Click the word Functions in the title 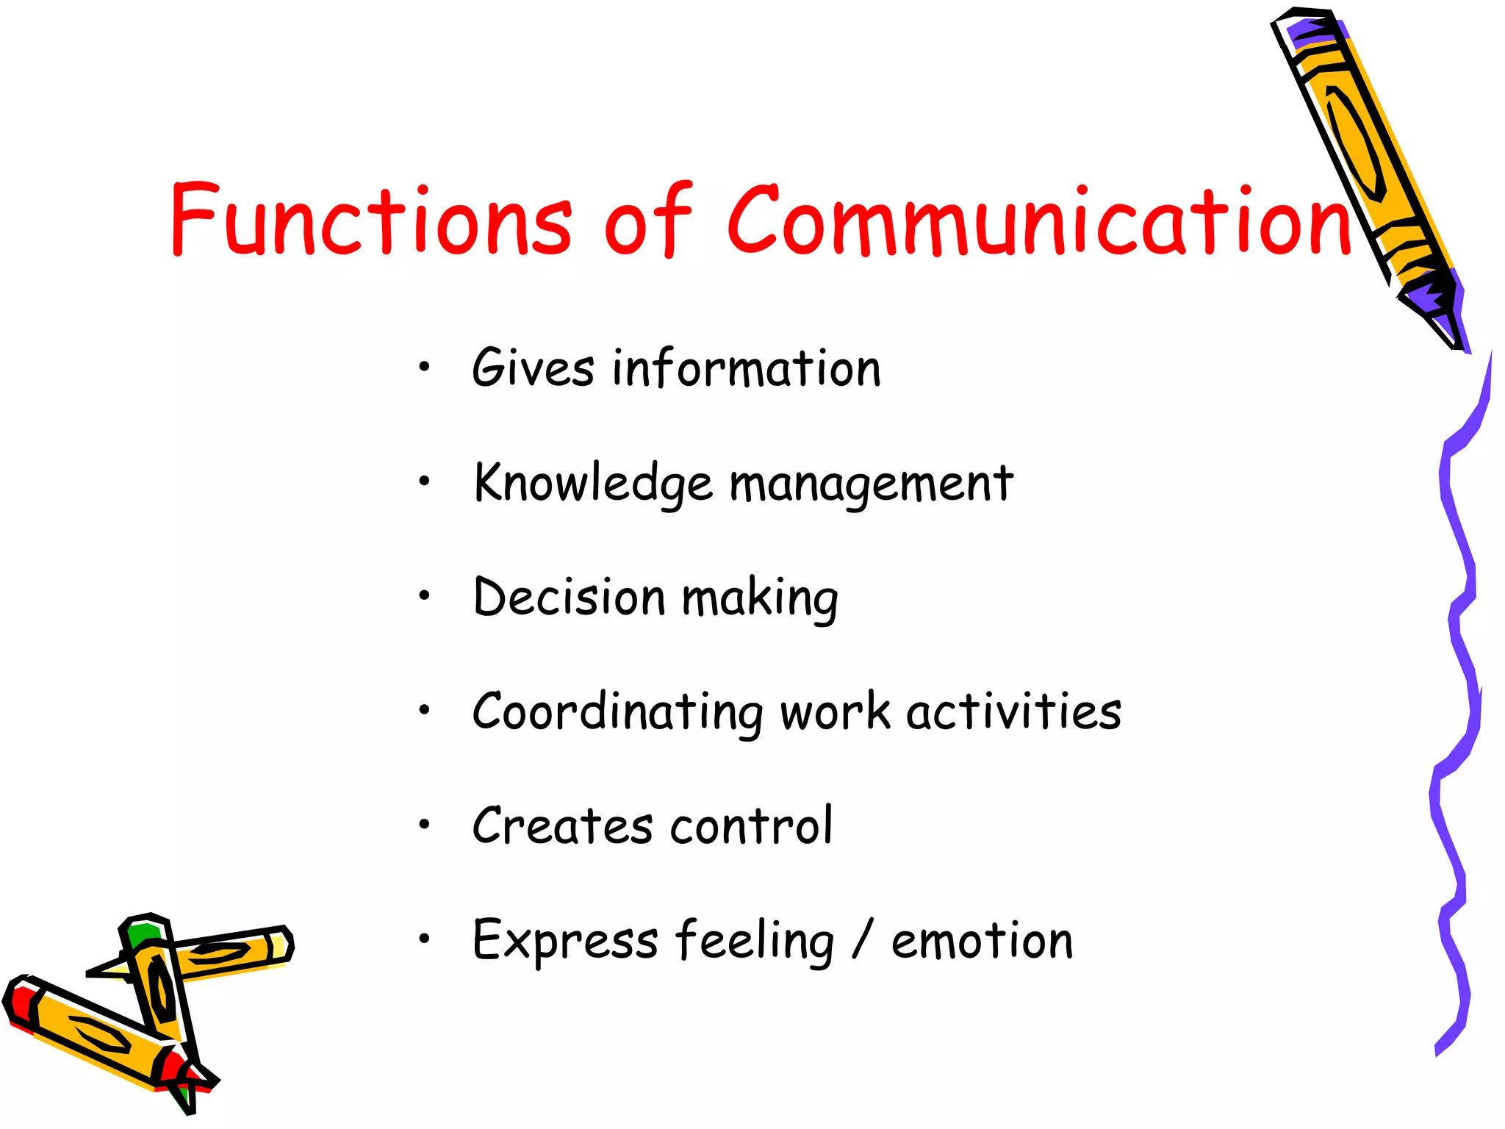click(x=371, y=219)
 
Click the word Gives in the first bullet click(x=533, y=368)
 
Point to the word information click(x=747, y=368)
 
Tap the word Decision click(x=570, y=596)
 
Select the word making click(x=760, y=599)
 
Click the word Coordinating click(x=618, y=712)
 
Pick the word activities click(x=1014, y=711)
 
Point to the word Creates click(x=562, y=825)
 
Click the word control click(x=752, y=825)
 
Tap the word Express click(x=565, y=941)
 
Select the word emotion click(x=982, y=941)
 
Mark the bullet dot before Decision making click(x=424, y=595)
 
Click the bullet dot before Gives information click(x=424, y=365)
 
